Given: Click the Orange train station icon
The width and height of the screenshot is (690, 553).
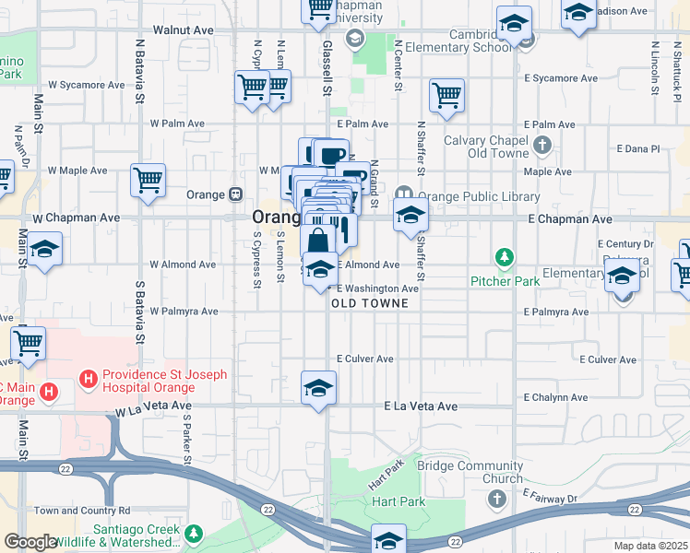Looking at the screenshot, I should pyautogui.click(x=235, y=194).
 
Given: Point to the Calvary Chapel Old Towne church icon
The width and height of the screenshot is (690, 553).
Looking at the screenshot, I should pyautogui.click(x=542, y=145).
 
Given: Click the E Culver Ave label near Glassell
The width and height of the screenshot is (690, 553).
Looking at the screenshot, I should pyautogui.click(x=365, y=359).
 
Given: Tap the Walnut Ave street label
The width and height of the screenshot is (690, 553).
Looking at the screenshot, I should pyautogui.click(x=183, y=30).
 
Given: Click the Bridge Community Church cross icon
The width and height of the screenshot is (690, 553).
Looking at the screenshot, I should pyautogui.click(x=497, y=500).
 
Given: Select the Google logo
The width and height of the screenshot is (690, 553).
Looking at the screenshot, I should pyautogui.click(x=30, y=543).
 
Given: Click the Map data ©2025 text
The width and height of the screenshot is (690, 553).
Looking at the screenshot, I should pyautogui.click(x=650, y=546).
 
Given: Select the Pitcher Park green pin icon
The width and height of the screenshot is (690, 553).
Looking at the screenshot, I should pyautogui.click(x=504, y=256).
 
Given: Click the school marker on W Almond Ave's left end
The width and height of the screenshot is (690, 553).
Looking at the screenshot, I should pyautogui.click(x=42, y=250).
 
